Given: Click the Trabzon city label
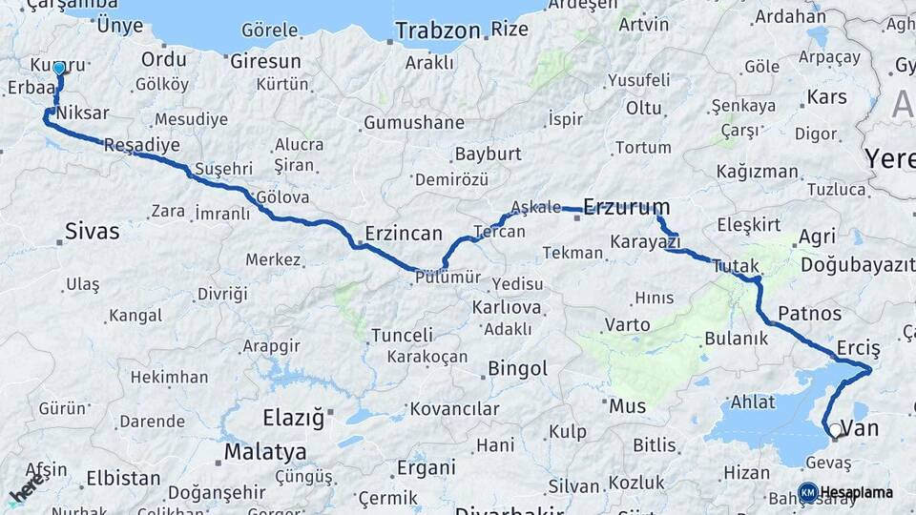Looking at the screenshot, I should point(438,31).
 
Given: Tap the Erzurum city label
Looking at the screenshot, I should point(626,207).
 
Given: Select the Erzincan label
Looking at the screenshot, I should point(404,233).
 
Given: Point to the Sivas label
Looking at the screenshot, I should point(93,230).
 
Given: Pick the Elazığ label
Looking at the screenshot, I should point(294,418).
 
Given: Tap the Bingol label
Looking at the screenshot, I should point(517,368).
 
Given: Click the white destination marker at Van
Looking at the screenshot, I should point(835,430).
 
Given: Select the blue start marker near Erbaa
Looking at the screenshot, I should point(59,68).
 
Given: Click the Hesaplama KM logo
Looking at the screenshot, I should point(807,492).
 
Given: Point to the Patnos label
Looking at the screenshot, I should point(809,314).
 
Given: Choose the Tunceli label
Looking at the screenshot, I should point(402,335).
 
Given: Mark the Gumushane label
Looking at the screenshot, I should point(413,123).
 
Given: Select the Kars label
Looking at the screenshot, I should point(826,97).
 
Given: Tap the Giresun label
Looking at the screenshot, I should point(265,61).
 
